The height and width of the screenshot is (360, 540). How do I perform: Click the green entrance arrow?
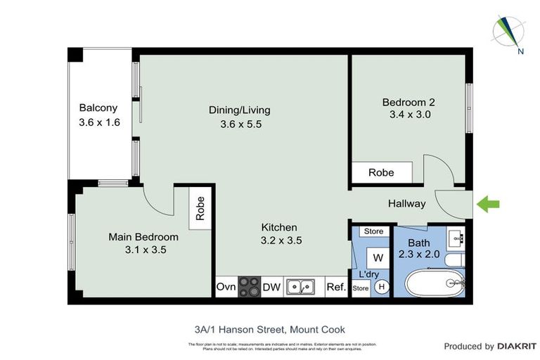(489, 204)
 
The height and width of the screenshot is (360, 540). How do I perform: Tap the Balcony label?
(98, 108)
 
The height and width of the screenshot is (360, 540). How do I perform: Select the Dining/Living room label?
(239, 110)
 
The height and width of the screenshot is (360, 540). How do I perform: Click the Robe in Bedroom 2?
(381, 172)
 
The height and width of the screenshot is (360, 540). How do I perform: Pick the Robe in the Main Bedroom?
(200, 208)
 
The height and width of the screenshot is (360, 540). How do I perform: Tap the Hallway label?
(407, 204)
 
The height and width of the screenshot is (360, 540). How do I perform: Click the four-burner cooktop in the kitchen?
(249, 287)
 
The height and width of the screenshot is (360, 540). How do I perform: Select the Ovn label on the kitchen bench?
(226, 287)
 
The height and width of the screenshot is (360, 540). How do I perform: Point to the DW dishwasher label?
(271, 287)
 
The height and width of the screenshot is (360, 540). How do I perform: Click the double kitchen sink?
(303, 287)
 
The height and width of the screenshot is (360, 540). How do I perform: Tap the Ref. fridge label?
(335, 287)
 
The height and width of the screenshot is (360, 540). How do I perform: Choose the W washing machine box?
(378, 257)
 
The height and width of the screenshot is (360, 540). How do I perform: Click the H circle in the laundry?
(382, 287)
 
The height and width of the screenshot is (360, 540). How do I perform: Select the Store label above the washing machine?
(373, 231)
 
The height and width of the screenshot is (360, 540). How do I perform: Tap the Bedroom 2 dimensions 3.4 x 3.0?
(405, 114)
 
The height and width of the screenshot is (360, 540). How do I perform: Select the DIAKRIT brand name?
(517, 346)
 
